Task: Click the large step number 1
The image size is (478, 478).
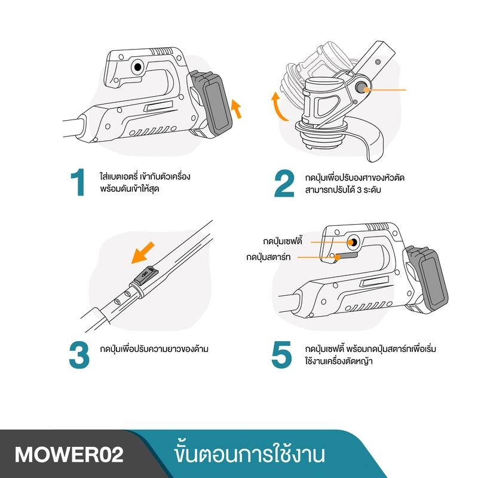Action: (x=78, y=182)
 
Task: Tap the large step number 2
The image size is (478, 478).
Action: (x=284, y=183)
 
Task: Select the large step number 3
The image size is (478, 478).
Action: (x=79, y=355)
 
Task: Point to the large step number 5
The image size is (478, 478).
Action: (x=281, y=354)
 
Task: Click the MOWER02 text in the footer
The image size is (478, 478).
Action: (x=69, y=455)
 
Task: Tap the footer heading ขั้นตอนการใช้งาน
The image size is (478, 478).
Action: (x=249, y=454)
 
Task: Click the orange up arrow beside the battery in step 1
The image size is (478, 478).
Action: (x=236, y=109)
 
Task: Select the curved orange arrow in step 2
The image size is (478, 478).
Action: (x=278, y=107)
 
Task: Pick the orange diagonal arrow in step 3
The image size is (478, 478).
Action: (x=143, y=253)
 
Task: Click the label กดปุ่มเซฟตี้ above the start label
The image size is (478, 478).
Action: (x=283, y=241)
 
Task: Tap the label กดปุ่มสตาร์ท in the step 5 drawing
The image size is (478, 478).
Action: (x=268, y=257)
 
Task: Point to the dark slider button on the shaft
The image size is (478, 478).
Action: (x=146, y=275)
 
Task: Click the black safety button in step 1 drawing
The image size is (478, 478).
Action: (x=138, y=67)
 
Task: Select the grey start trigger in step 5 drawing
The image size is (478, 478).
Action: (x=346, y=256)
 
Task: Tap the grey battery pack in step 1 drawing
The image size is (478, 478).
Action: (x=212, y=102)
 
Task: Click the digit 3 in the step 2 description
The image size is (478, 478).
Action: (x=359, y=190)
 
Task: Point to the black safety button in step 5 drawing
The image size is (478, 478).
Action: (x=354, y=243)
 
